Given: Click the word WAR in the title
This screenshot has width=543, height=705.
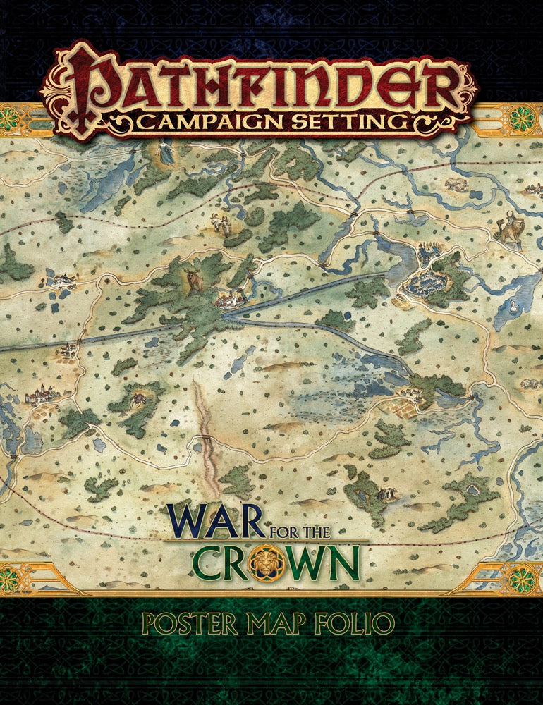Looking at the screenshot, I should pos(211,523).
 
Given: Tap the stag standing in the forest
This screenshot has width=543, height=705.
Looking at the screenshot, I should pos(192,280).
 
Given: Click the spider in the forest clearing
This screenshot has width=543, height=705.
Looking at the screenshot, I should pos(138,399).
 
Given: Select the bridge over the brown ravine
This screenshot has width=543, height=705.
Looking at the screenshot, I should pos(206,439).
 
